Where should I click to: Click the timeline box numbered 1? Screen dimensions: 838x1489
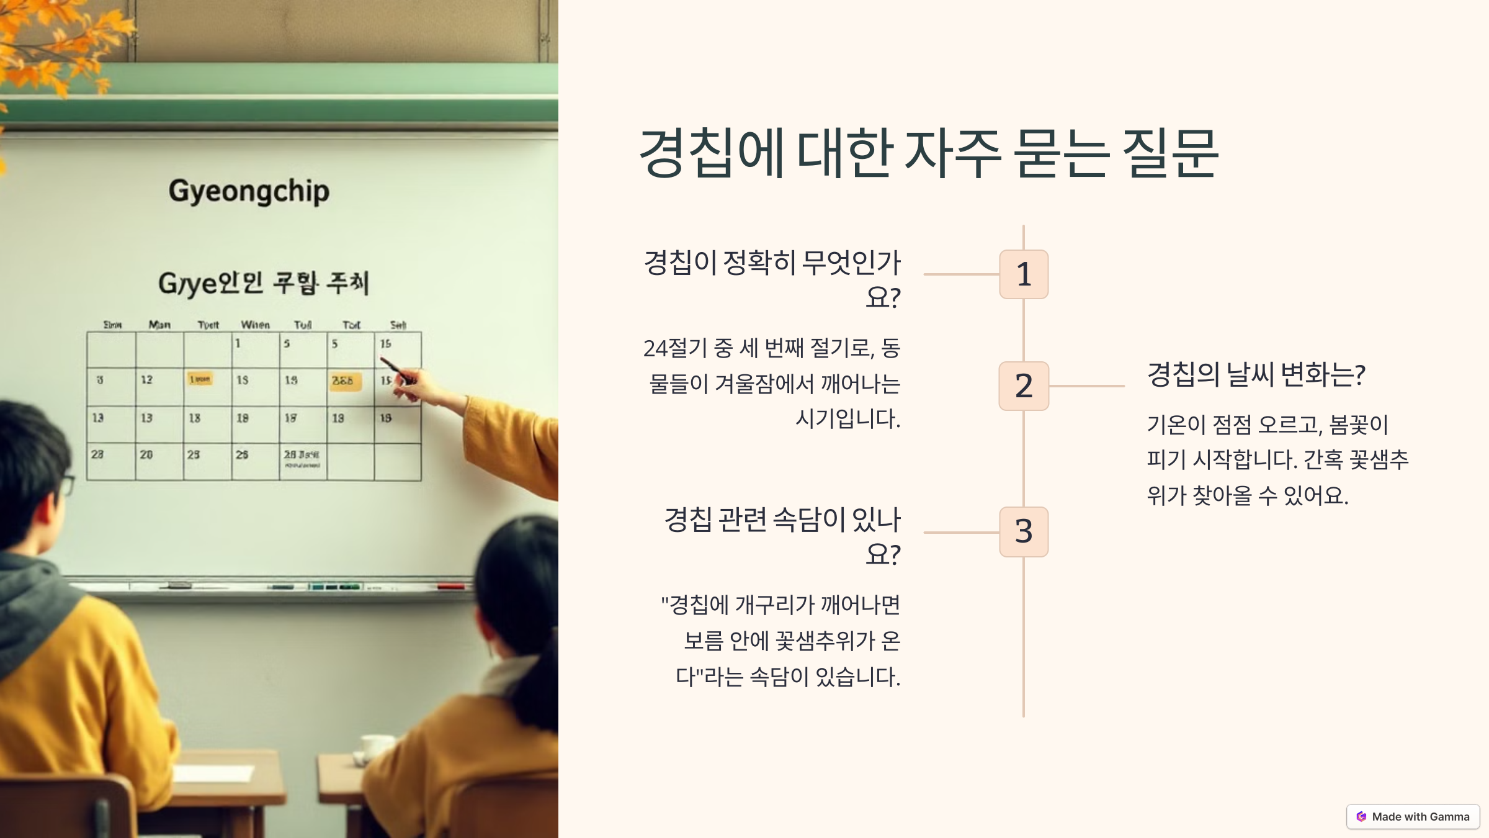[x=1024, y=274]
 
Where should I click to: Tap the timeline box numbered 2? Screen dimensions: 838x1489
[x=1024, y=385]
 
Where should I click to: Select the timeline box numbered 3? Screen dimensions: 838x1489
[x=1024, y=531]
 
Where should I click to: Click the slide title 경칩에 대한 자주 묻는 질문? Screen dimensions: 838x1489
[x=929, y=153]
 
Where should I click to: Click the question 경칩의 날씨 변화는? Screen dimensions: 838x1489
[x=1256, y=374]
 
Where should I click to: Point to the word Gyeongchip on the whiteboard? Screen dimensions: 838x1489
[x=249, y=191]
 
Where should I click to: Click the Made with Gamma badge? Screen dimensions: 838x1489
[x=1413, y=816]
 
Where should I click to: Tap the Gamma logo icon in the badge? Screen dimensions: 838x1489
[x=1361, y=816]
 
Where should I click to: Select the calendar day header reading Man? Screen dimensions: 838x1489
[x=159, y=325]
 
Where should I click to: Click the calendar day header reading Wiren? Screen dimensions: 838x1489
[x=255, y=325]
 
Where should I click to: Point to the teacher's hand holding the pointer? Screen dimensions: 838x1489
[x=422, y=385]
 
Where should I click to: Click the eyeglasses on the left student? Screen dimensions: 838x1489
[x=67, y=484]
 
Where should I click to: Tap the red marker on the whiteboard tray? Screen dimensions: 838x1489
[x=451, y=586]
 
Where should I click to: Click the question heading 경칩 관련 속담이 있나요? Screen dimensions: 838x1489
[x=782, y=536]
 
